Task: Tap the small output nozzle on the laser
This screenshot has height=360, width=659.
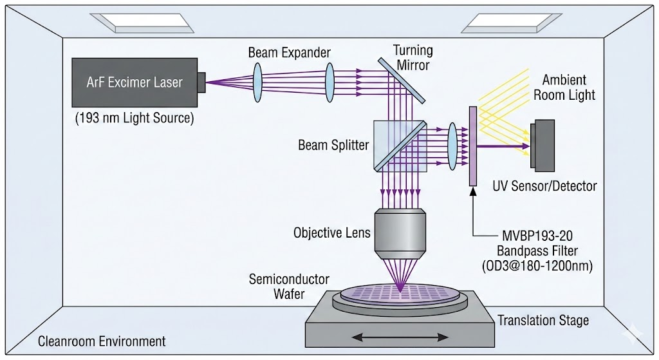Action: (201, 82)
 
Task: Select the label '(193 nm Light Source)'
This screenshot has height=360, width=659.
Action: (134, 118)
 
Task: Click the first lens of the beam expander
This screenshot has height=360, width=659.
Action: (257, 82)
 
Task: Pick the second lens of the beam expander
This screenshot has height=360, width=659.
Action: (331, 81)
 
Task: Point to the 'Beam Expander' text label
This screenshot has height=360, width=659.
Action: (289, 53)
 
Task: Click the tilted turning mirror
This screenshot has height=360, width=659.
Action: (402, 80)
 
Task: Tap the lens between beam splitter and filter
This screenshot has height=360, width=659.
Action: (452, 146)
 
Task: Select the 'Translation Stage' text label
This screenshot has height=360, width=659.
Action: (543, 320)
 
